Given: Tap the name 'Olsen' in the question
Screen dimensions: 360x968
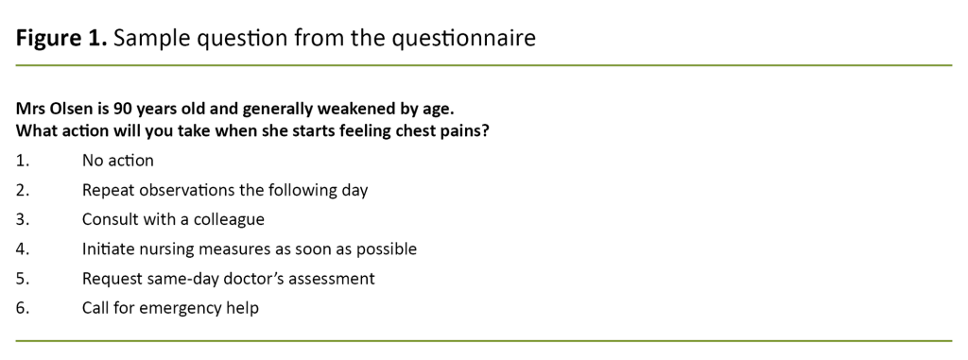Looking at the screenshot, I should tap(72, 108).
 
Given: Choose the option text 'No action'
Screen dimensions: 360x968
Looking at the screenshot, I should tap(117, 161).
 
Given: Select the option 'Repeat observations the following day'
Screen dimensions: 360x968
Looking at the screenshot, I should tap(224, 190).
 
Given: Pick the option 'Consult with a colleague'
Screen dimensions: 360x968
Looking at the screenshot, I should tap(173, 219).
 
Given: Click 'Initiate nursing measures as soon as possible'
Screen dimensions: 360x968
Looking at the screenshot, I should tap(249, 249).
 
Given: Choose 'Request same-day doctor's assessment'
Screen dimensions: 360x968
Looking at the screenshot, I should tap(228, 279).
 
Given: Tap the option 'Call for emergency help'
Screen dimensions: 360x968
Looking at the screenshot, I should tap(170, 308).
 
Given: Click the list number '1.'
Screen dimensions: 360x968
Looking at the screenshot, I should tap(23, 161).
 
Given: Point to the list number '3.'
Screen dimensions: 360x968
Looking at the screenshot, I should tap(23, 219).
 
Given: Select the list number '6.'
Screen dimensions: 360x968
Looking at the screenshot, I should tap(23, 308).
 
